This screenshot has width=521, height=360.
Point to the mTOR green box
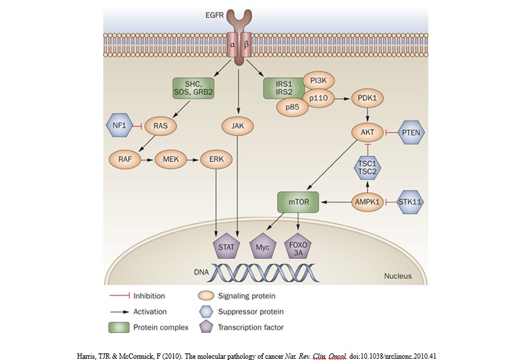click(x=298, y=201)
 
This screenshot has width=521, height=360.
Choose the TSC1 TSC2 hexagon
click(x=366, y=166)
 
